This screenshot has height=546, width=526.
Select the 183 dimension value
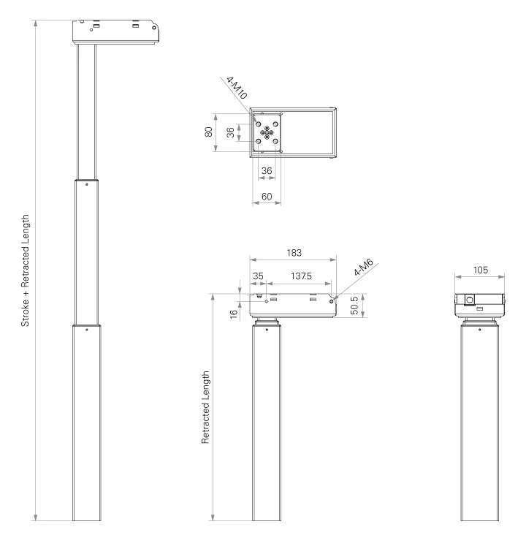293,252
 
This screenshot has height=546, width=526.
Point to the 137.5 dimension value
300,276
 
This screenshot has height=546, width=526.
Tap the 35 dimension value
258,276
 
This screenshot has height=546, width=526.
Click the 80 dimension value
208,132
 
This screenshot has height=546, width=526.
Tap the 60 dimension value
267,196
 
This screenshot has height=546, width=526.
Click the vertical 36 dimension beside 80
231,132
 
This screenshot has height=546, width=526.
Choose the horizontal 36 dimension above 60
267,170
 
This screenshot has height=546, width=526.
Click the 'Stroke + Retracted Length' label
25,270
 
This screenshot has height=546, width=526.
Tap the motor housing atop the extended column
115,31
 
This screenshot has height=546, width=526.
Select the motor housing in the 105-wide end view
479,303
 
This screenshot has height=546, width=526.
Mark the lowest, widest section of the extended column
86,424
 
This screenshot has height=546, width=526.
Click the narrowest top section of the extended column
86,110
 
